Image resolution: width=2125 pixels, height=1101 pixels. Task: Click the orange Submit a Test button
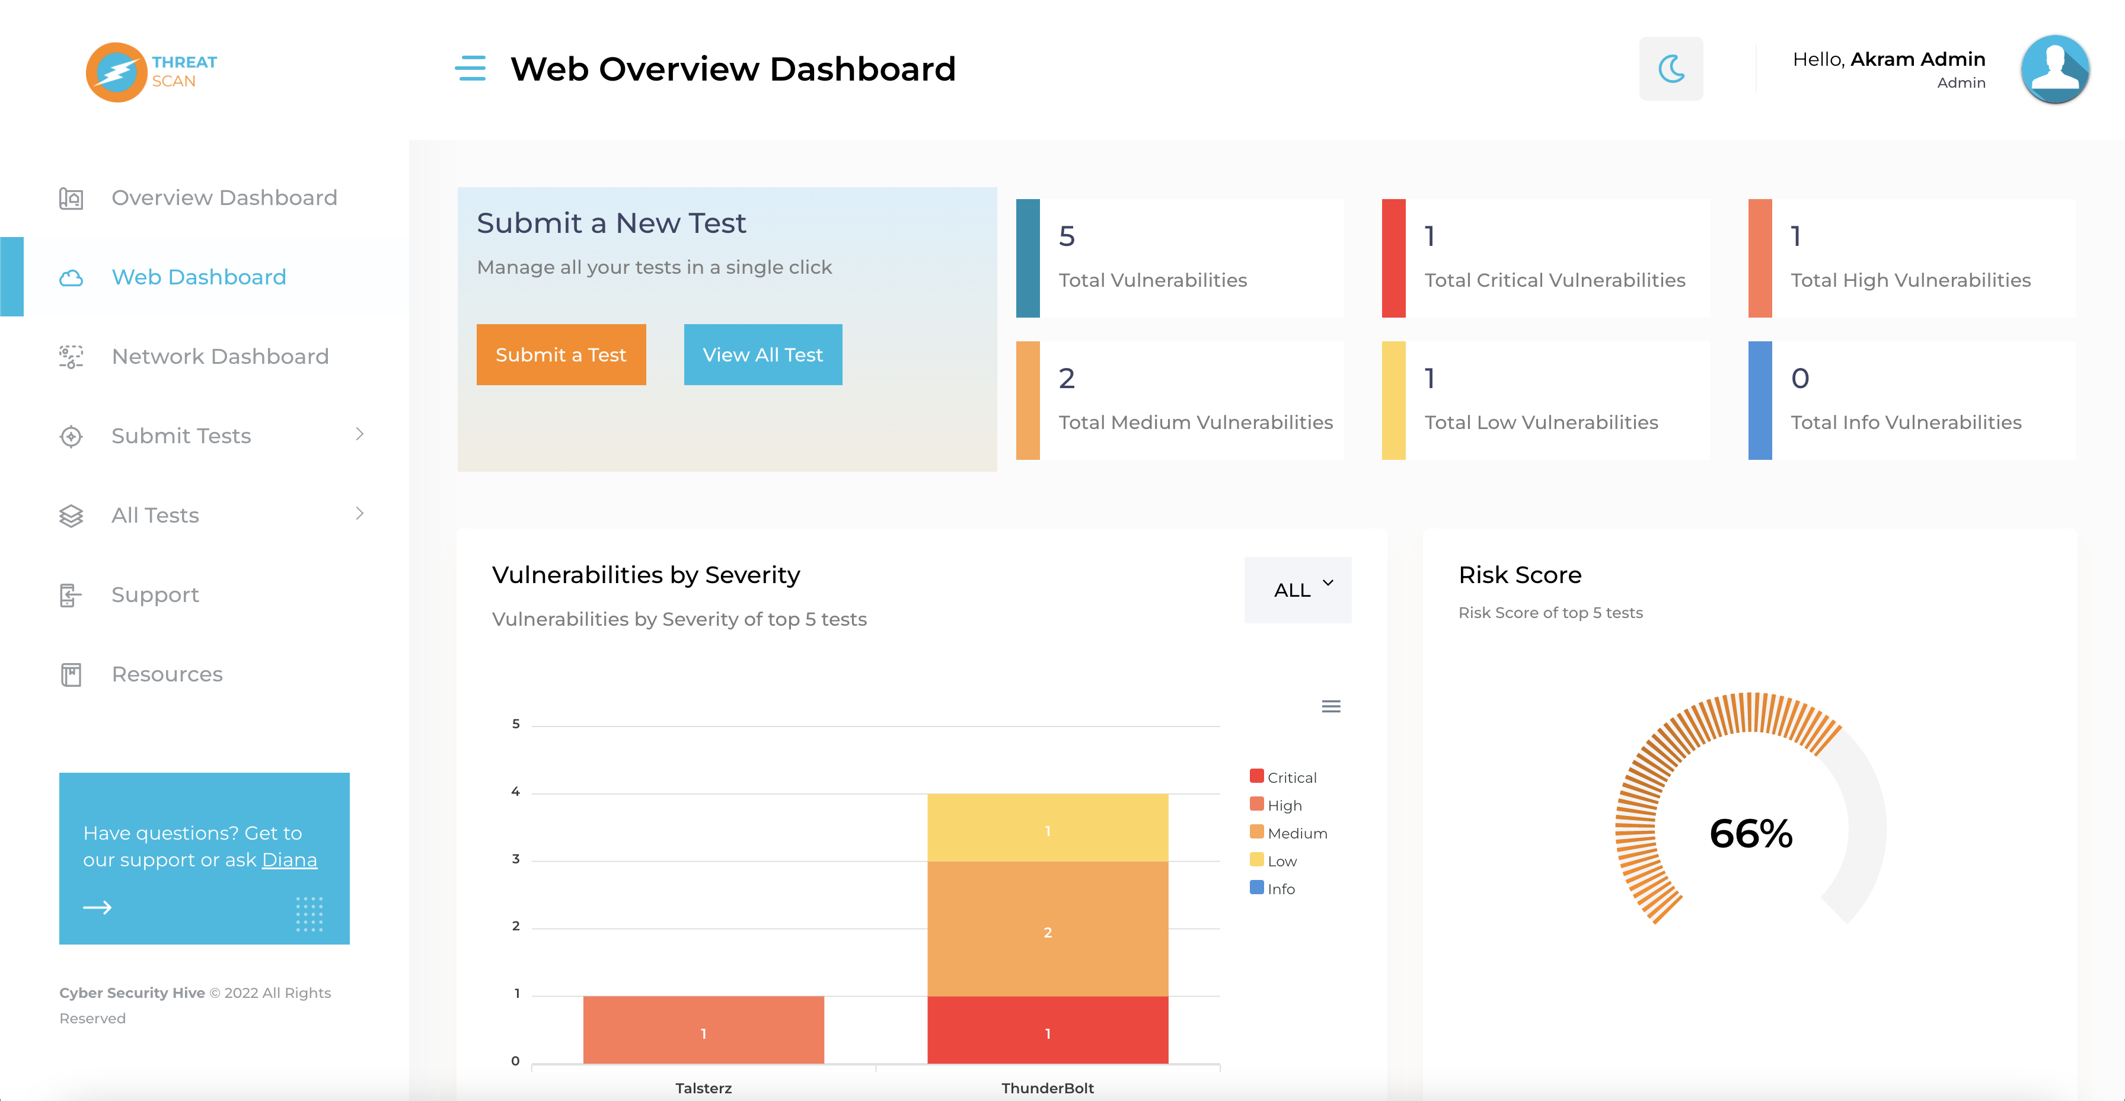click(x=561, y=354)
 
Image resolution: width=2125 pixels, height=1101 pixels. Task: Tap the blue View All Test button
click(x=762, y=354)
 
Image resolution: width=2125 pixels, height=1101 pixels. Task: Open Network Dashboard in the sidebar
click(x=219, y=356)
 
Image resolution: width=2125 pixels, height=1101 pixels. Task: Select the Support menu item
click(x=155, y=594)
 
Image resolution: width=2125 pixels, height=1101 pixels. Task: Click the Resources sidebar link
click(x=167, y=674)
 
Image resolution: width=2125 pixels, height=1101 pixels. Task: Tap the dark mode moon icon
click(x=1670, y=69)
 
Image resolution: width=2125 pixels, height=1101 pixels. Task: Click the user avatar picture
click(x=2054, y=69)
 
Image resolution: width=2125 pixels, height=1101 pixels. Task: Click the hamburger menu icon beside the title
click(x=470, y=69)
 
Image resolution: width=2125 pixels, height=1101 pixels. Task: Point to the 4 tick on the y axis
click(x=516, y=792)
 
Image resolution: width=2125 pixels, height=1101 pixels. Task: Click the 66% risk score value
click(x=1750, y=833)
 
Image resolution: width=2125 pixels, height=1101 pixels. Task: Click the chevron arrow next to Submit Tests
click(x=360, y=434)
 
